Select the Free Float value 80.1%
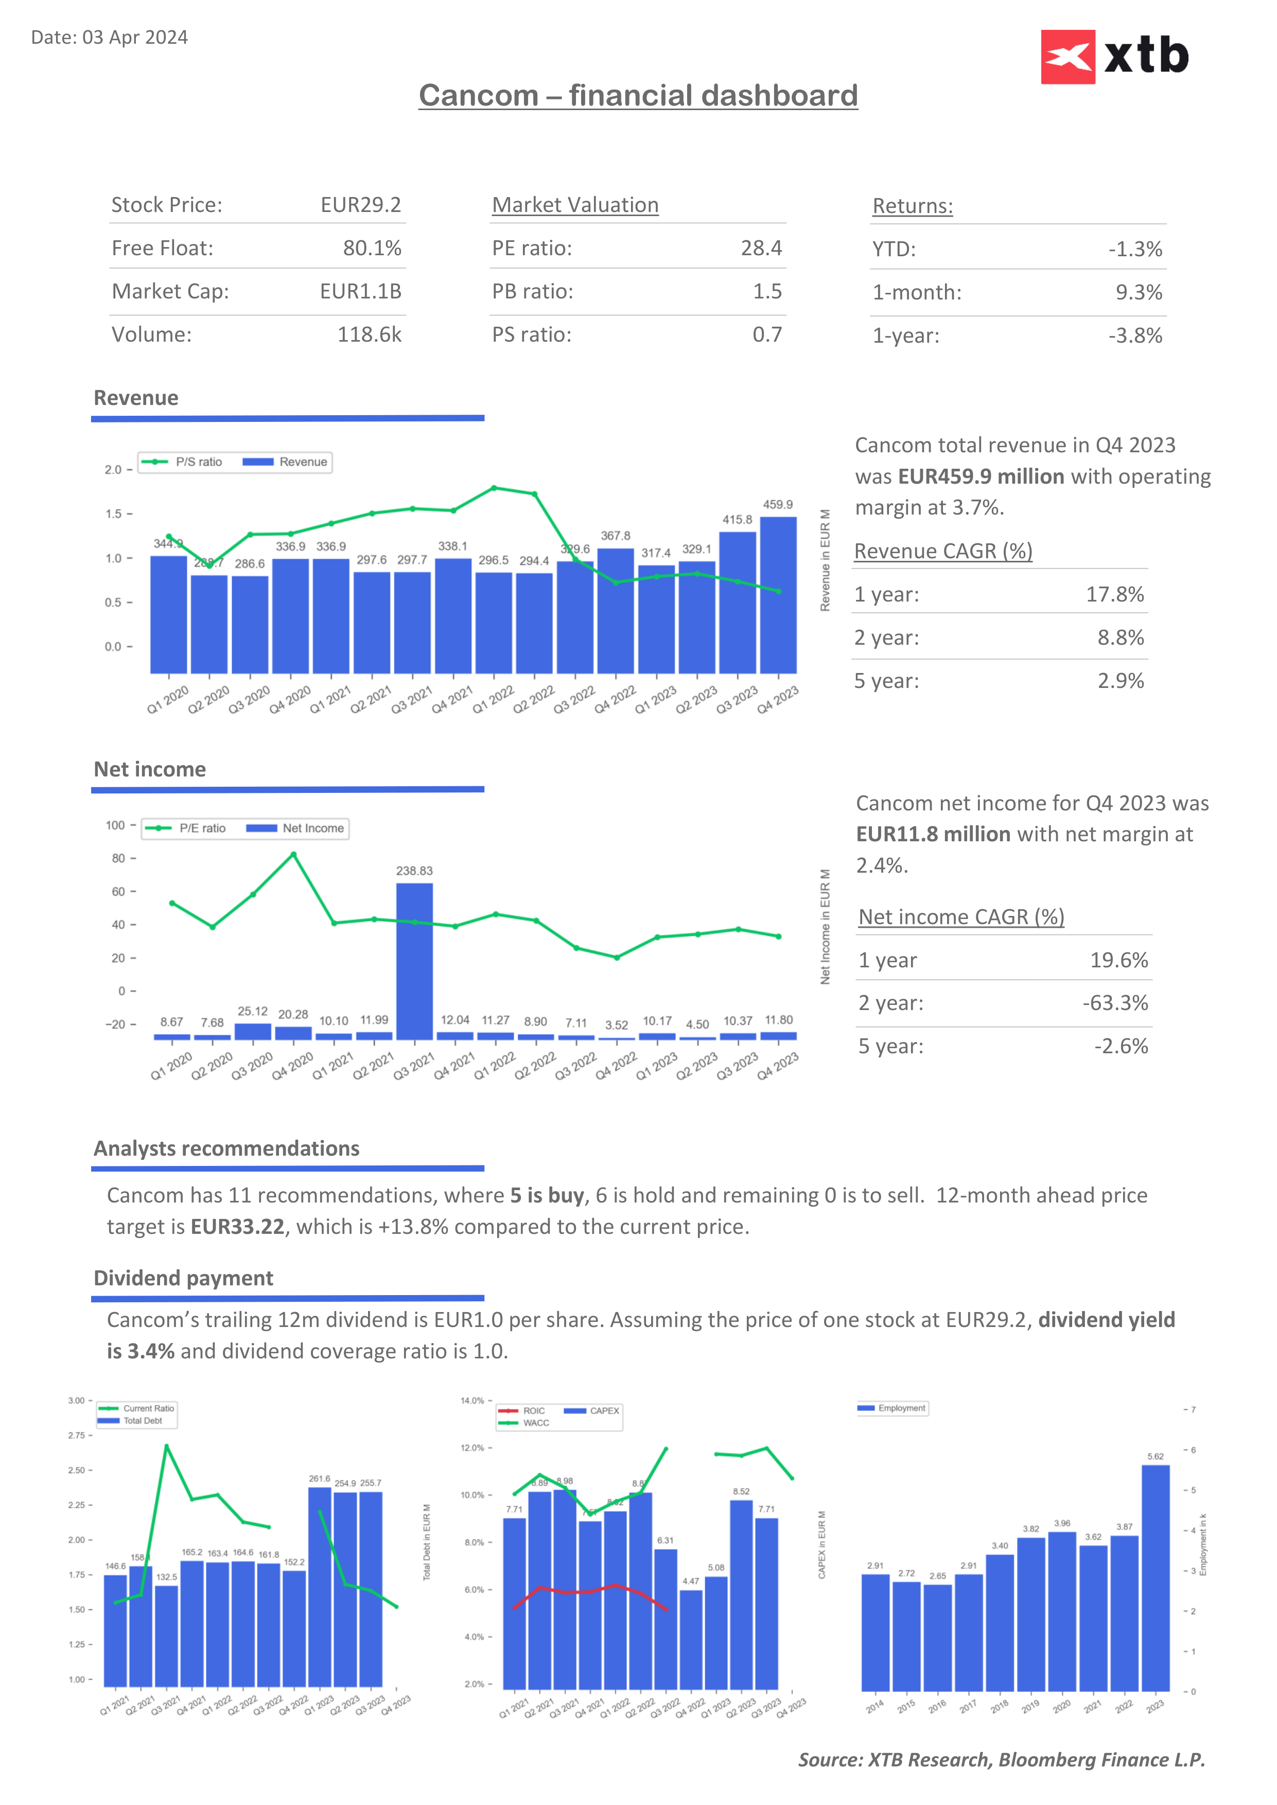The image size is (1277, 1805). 372,249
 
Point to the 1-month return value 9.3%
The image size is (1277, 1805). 1138,292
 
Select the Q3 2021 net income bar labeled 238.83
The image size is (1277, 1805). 414,961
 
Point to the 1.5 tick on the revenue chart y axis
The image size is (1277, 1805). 114,514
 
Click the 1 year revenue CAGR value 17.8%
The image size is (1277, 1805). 1114,594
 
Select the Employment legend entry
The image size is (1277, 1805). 893,1408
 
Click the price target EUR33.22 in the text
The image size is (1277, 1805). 237,1227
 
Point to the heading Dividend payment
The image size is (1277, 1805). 183,1278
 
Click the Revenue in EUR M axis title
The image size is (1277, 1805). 825,560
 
